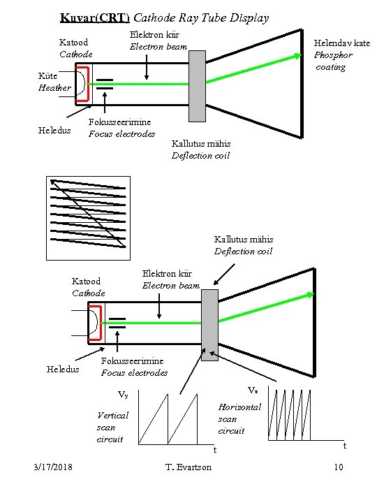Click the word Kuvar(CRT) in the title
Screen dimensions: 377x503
click(94, 17)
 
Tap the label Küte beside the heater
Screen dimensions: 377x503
click(47, 75)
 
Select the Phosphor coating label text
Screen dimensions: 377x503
click(333, 61)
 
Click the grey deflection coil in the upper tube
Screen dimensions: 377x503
click(197, 86)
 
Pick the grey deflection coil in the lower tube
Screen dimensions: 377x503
click(209, 325)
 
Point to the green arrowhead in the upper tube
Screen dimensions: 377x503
click(297, 56)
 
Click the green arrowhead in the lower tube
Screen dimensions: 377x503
click(310, 295)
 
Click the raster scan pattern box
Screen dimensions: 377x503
click(88, 218)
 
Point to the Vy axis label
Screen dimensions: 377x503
click(123, 394)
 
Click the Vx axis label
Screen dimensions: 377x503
click(253, 390)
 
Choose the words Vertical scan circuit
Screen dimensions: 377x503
click(112, 428)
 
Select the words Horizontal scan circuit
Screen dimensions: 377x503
click(239, 419)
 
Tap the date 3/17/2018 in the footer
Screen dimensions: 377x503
click(53, 467)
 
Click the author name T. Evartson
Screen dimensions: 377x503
click(188, 467)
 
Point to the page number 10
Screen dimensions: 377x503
click(339, 467)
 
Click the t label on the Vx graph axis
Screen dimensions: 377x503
click(345, 446)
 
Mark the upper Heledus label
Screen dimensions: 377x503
click(54, 130)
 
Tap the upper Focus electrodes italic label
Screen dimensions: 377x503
click(121, 133)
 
